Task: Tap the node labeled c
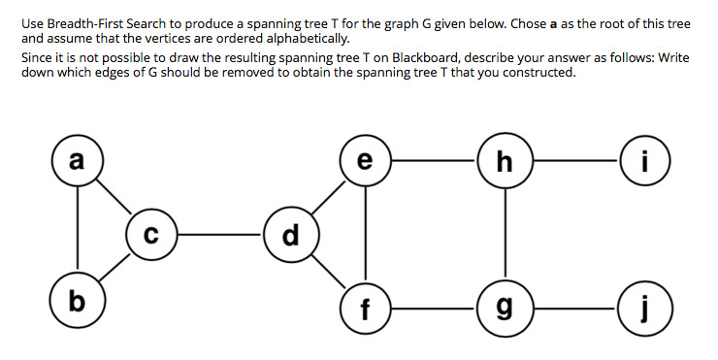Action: click(x=149, y=234)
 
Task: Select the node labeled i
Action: click(x=643, y=160)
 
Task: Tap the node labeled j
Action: click(x=643, y=311)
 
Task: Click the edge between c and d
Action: click(x=217, y=234)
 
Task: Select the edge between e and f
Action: click(x=366, y=236)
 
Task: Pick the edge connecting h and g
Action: click(x=504, y=236)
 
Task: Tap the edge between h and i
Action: click(x=573, y=160)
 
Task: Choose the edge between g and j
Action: click(x=573, y=311)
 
